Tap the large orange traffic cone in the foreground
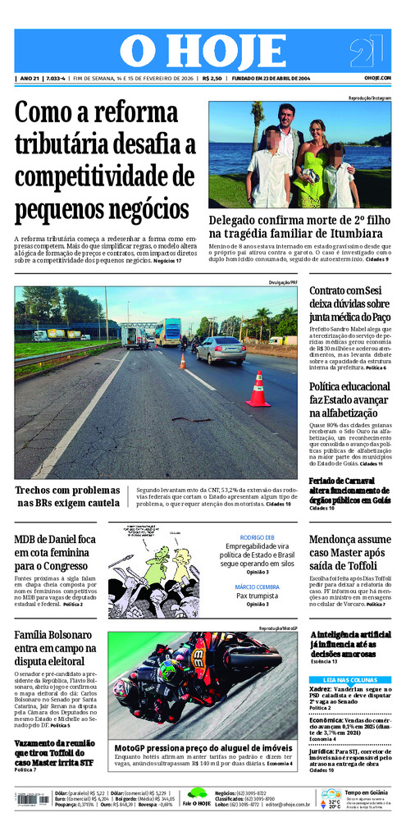[258, 390]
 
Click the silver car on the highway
[221, 349]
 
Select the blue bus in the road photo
[167, 331]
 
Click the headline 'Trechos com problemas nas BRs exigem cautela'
[68, 496]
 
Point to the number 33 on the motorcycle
[198, 656]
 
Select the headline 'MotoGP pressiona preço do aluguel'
[203, 749]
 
